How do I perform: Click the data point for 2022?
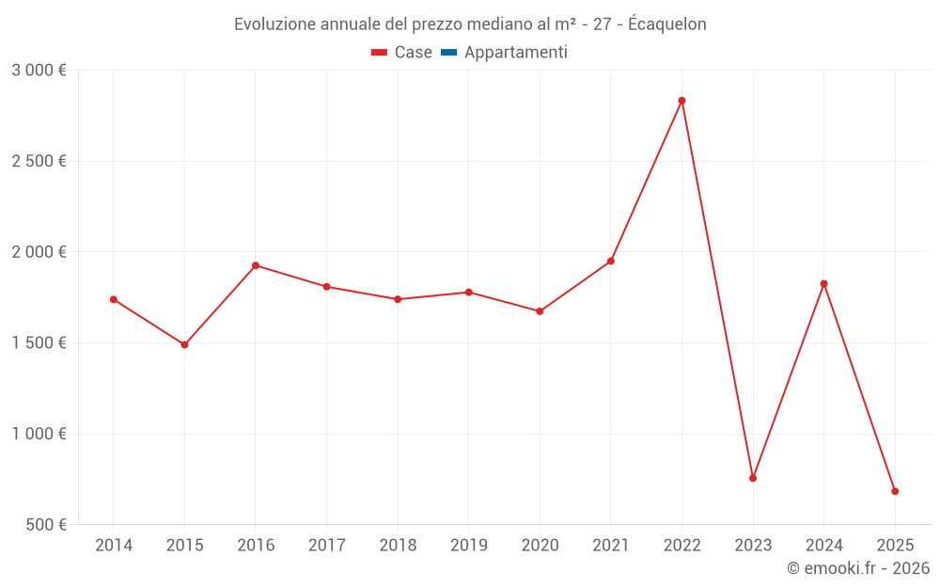(x=681, y=101)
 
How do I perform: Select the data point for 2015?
(x=184, y=344)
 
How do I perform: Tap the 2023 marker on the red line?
(x=753, y=478)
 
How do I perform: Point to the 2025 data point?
(x=895, y=491)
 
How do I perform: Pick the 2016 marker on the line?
(x=256, y=265)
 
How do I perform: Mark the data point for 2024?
(x=824, y=283)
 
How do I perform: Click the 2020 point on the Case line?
(x=540, y=311)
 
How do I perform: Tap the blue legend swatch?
(x=448, y=53)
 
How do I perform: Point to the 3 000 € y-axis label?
(x=39, y=70)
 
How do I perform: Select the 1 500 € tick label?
(x=39, y=342)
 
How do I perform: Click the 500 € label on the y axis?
(x=44, y=524)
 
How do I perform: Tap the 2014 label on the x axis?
(x=114, y=545)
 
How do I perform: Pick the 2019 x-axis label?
(x=469, y=545)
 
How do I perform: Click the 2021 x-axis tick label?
(x=611, y=545)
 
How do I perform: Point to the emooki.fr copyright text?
(x=857, y=568)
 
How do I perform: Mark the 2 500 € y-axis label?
(x=39, y=161)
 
